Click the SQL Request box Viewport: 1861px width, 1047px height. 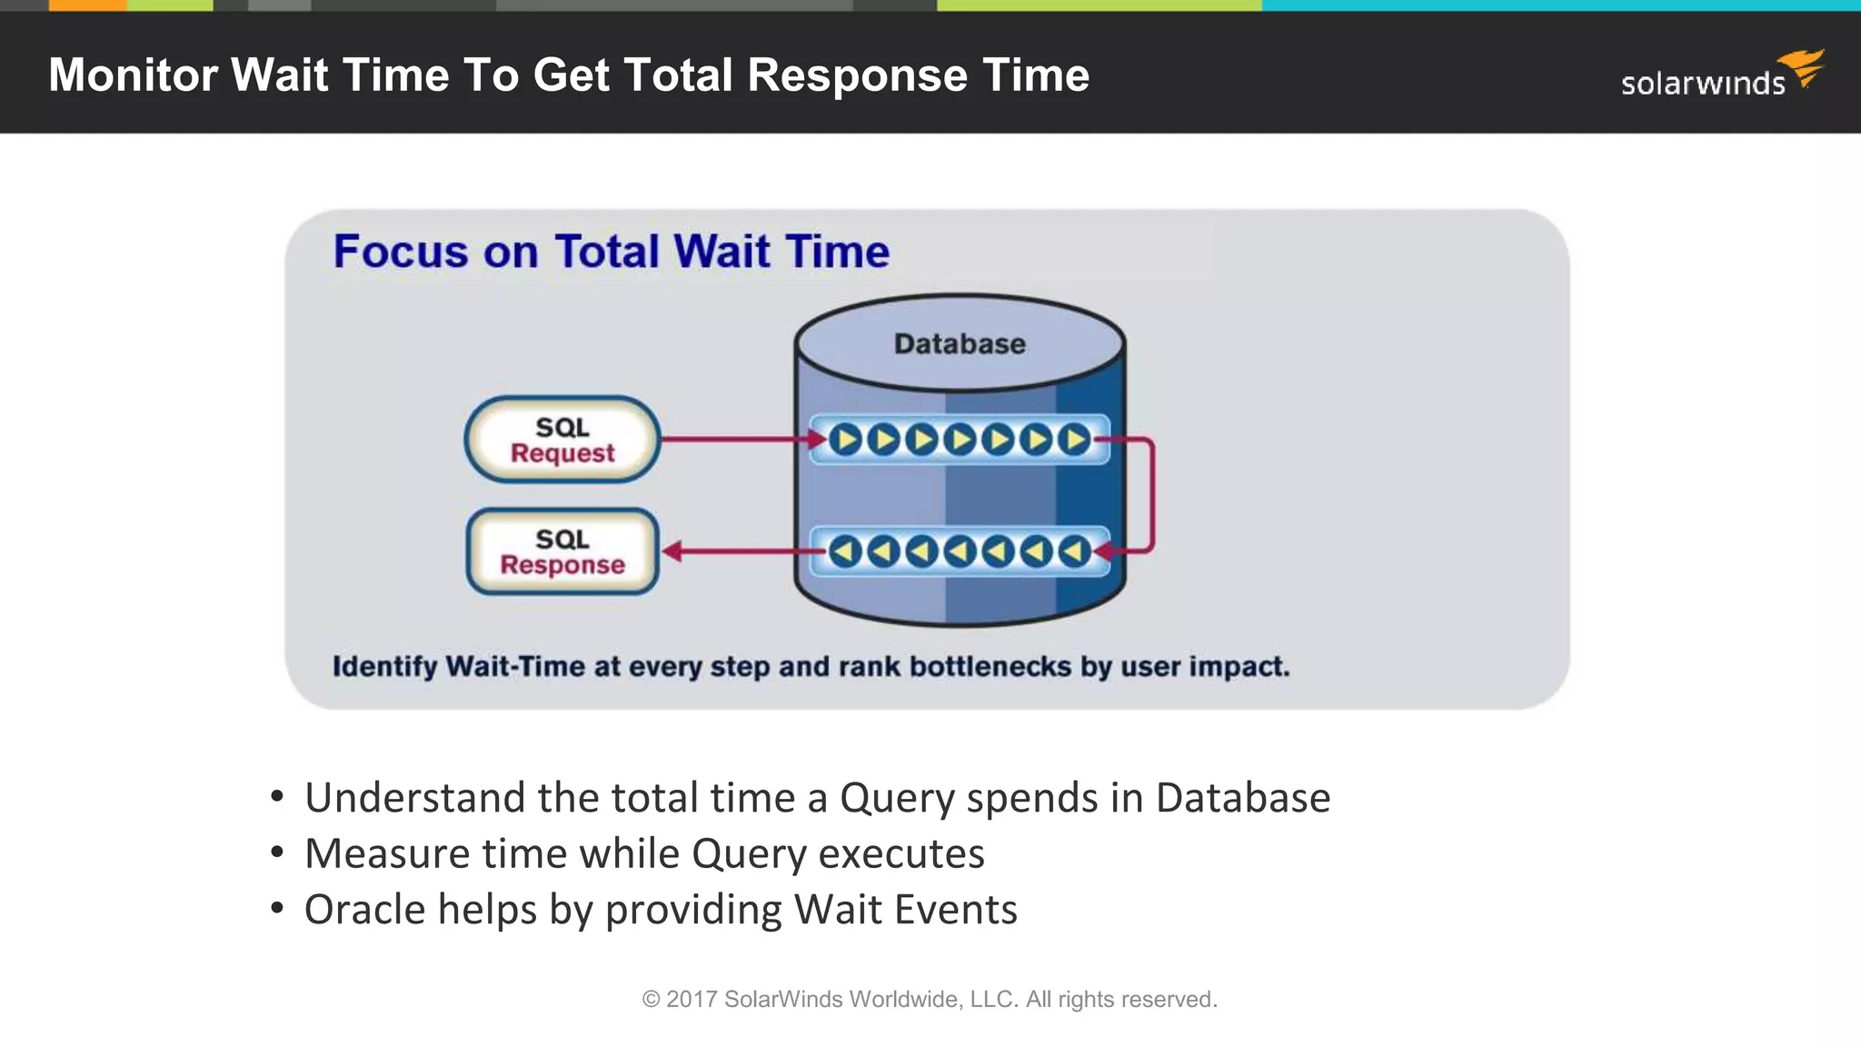(562, 440)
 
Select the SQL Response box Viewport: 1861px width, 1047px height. (562, 552)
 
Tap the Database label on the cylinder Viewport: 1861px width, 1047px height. (960, 344)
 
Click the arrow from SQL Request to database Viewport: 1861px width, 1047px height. (736, 440)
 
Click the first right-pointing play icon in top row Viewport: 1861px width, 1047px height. (845, 440)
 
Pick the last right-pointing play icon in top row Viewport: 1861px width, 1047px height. (1075, 440)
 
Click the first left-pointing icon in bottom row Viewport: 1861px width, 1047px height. (845, 551)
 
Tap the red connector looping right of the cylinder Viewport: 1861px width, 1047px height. (1152, 495)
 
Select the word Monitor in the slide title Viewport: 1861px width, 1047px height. (133, 75)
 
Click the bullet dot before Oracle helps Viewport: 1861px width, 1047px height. (278, 908)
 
